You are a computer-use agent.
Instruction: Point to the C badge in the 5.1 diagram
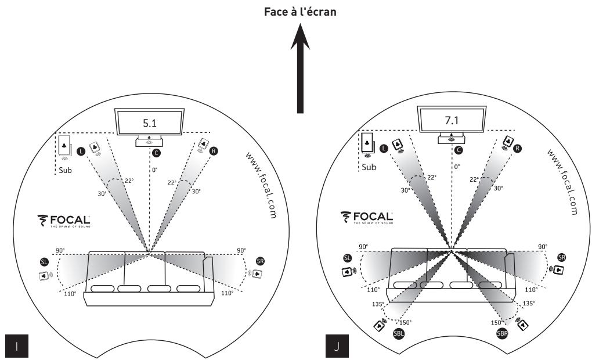pyautogui.click(x=155, y=153)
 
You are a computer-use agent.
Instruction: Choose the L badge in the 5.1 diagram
pyautogui.click(x=80, y=150)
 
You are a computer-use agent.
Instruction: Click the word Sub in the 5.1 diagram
pyautogui.click(x=65, y=171)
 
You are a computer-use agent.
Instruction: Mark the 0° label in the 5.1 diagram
pyautogui.click(x=154, y=171)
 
